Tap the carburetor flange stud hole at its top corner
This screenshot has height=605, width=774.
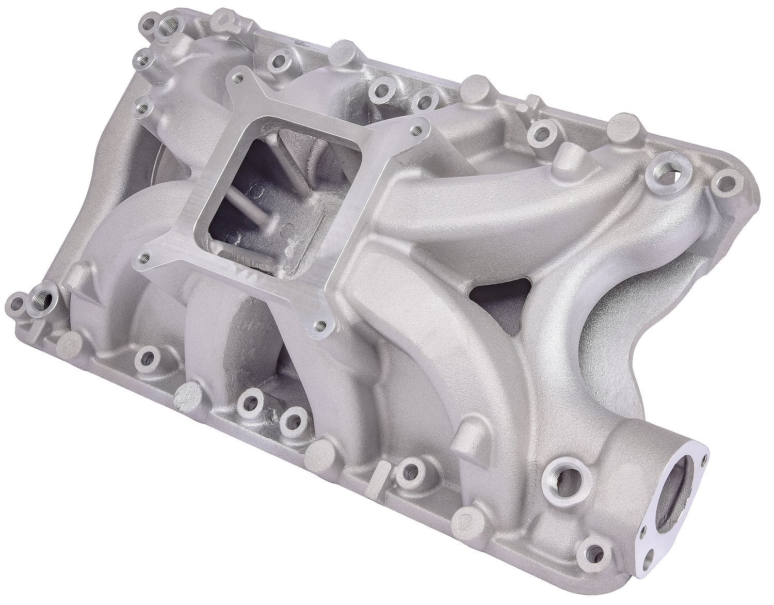click(x=238, y=79)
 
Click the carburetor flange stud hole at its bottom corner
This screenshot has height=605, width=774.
click(x=320, y=325)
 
